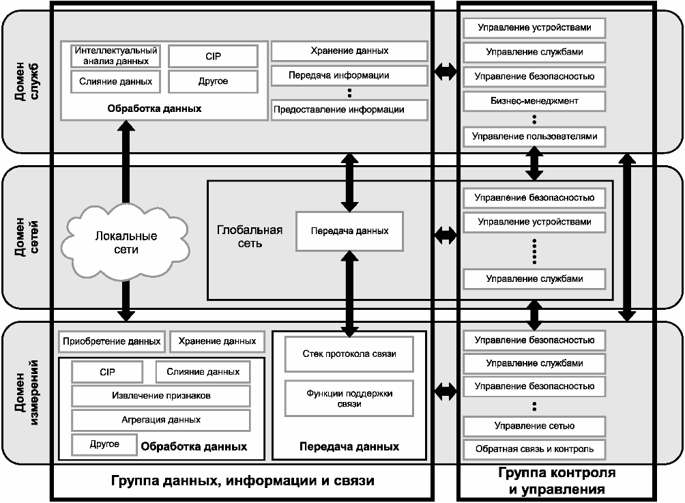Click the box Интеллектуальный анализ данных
[116, 56]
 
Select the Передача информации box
[349, 75]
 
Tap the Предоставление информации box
[349, 110]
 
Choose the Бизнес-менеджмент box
[534, 101]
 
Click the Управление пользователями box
[534, 136]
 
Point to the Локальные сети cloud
[126, 242]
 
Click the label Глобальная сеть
[250, 236]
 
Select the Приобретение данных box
[111, 341]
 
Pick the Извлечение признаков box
[161, 395]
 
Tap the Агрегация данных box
[161, 420]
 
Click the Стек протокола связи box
[349, 354]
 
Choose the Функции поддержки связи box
[349, 398]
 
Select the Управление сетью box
[534, 426]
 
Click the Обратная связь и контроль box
[534, 449]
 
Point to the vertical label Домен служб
[27, 82]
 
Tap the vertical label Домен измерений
[27, 392]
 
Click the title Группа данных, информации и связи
[242, 480]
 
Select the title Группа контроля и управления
[557, 480]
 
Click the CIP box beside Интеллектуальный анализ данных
[213, 57]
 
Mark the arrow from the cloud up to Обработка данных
[126, 162]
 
